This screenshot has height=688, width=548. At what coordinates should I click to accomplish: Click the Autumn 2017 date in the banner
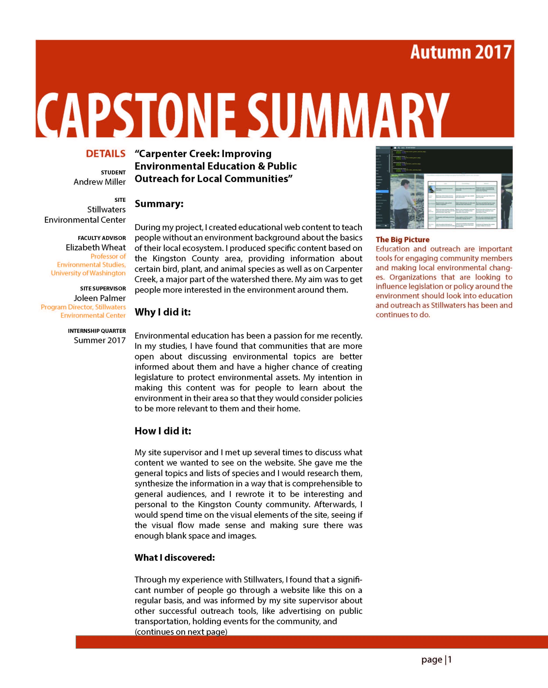pyautogui.click(x=461, y=52)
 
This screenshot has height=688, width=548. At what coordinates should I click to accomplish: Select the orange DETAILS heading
pyautogui.click(x=106, y=154)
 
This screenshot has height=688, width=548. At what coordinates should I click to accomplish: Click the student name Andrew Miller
pyautogui.click(x=99, y=182)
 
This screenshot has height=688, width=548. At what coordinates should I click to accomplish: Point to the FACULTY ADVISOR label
pyautogui.click(x=102, y=238)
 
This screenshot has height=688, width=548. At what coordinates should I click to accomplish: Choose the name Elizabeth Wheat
pyautogui.click(x=96, y=247)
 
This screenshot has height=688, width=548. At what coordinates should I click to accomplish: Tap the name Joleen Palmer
pyautogui.click(x=99, y=298)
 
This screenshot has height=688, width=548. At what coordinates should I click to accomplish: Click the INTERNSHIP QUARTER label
pyautogui.click(x=97, y=331)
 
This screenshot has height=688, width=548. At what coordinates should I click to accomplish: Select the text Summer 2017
pyautogui.click(x=99, y=340)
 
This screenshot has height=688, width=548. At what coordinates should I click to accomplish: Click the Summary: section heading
pyautogui.click(x=159, y=204)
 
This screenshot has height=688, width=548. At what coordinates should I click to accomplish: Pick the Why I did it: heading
pyautogui.click(x=162, y=312)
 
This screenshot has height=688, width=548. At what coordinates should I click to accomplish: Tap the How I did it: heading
pyautogui.click(x=163, y=431)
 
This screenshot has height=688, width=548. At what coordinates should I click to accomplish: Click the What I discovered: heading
pyautogui.click(x=175, y=557)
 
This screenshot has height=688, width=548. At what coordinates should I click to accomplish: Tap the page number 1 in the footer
pyautogui.click(x=450, y=660)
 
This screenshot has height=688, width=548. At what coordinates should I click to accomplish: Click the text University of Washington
pyautogui.click(x=88, y=273)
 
